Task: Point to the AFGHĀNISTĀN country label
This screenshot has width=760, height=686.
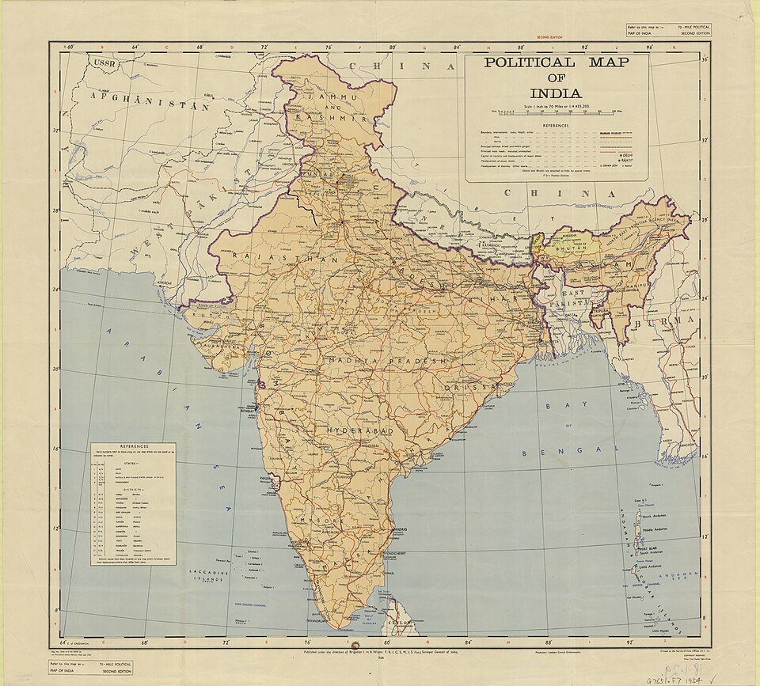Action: pos(150,101)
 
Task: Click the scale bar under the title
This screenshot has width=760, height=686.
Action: pos(558,113)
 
